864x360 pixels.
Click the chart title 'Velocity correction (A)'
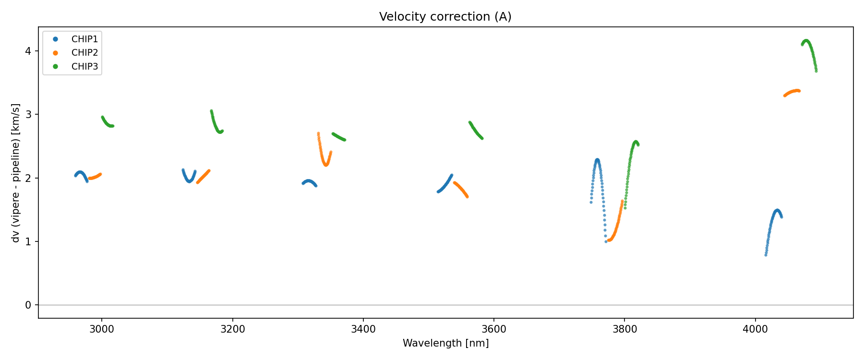pyautogui.click(x=445, y=17)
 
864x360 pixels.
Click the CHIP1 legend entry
pyautogui.click(x=84, y=39)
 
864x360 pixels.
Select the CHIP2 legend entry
pyautogui.click(x=84, y=53)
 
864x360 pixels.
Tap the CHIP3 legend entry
pyautogui.click(x=84, y=67)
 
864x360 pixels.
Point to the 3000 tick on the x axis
pyautogui.click(x=102, y=329)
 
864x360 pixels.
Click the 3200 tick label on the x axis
pyautogui.click(x=232, y=329)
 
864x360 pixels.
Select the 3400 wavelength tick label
pyautogui.click(x=363, y=329)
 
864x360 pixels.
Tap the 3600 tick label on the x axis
pyautogui.click(x=494, y=329)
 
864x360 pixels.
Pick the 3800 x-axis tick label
pyautogui.click(x=624, y=329)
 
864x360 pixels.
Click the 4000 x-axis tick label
pyautogui.click(x=756, y=329)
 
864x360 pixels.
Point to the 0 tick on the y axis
pyautogui.click(x=29, y=305)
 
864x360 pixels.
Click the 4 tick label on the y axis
pyautogui.click(x=29, y=51)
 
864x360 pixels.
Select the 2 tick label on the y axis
pyautogui.click(x=29, y=178)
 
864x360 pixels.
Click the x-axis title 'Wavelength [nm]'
pyautogui.click(x=445, y=343)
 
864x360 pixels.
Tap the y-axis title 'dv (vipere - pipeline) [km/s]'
pyautogui.click(x=16, y=173)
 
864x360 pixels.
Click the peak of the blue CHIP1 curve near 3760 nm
pyautogui.click(x=597, y=160)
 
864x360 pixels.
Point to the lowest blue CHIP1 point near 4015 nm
pyautogui.click(x=766, y=255)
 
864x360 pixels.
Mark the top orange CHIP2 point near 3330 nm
pyautogui.click(x=318, y=133)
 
